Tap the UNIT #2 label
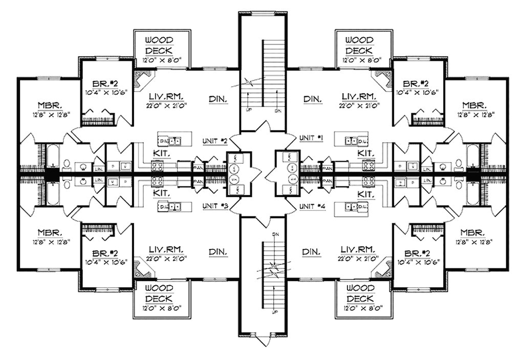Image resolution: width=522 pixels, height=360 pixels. click(x=214, y=140)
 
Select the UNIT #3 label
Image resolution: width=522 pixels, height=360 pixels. click(x=214, y=205)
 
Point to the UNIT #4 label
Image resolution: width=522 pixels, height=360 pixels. click(x=312, y=206)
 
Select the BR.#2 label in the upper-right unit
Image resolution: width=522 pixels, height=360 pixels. click(x=415, y=83)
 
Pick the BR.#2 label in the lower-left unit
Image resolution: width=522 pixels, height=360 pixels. click(x=106, y=253)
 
